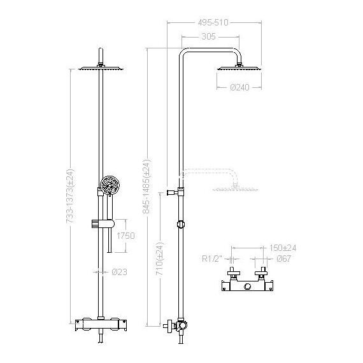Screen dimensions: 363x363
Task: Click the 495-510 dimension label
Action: pyautogui.click(x=213, y=23)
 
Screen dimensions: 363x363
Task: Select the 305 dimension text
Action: pyautogui.click(x=209, y=36)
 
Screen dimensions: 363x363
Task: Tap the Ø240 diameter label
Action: pyautogui.click(x=240, y=87)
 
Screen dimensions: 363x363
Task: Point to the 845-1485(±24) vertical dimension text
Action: pyautogui.click(x=146, y=186)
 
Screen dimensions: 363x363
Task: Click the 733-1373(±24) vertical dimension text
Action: pyautogui.click(x=70, y=196)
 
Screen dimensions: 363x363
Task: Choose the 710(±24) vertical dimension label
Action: pyautogui.click(x=159, y=259)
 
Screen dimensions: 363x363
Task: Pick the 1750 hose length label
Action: pyautogui.click(x=125, y=236)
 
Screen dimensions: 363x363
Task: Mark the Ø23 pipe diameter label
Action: pyautogui.click(x=120, y=272)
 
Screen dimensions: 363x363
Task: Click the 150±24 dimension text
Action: pyautogui.click(x=282, y=248)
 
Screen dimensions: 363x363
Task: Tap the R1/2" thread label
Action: pyautogui.click(x=212, y=259)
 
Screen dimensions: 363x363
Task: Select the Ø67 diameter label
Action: pyautogui.click(x=283, y=259)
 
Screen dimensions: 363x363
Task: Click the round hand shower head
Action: pyautogui.click(x=110, y=185)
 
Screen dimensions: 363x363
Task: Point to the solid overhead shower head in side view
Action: pyautogui.click(x=239, y=68)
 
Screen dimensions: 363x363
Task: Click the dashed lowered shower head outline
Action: pyautogui.click(x=236, y=189)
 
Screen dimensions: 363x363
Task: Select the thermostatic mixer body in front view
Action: pyautogui.click(x=101, y=325)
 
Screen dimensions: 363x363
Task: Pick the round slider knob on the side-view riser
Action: pyautogui.click(x=181, y=224)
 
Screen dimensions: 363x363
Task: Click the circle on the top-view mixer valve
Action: pyautogui.click(x=248, y=287)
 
